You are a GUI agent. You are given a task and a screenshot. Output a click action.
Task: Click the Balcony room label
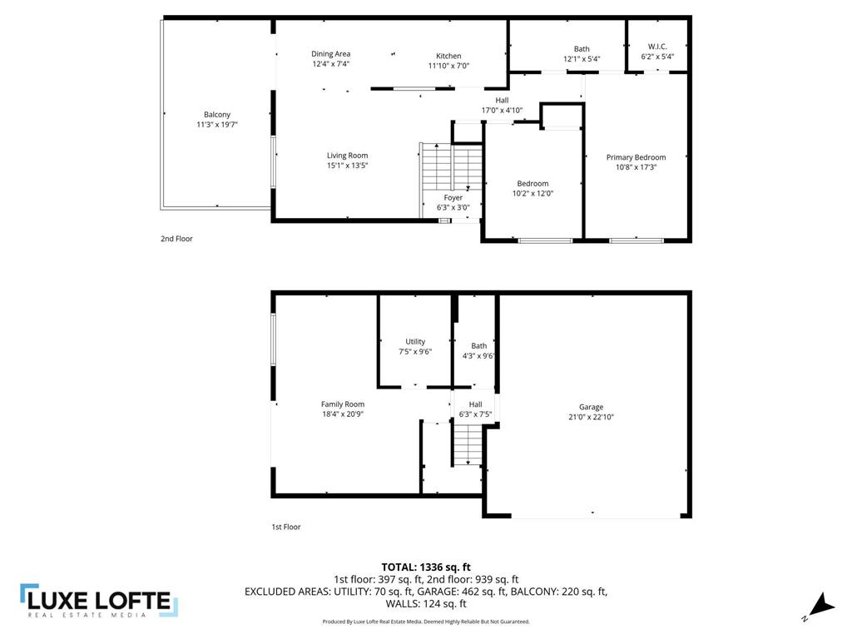click(217, 115)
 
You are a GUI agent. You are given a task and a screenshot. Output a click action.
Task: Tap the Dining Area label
click(331, 54)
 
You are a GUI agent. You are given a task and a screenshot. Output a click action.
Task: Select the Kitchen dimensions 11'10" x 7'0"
click(448, 67)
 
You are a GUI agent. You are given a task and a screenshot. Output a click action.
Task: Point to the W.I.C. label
click(657, 47)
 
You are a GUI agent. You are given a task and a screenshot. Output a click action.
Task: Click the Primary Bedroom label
click(636, 157)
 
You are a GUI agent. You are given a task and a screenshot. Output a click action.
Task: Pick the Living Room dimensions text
click(347, 166)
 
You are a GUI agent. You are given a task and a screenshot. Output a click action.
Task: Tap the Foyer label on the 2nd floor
click(453, 198)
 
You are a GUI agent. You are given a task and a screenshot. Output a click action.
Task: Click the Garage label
click(592, 407)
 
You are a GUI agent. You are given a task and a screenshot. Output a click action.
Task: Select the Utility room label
click(415, 341)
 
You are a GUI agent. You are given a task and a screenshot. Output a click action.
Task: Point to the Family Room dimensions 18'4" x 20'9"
click(343, 414)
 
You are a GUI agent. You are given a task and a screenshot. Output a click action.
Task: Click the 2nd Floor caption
click(176, 239)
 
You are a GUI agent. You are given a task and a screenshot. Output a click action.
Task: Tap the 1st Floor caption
click(286, 527)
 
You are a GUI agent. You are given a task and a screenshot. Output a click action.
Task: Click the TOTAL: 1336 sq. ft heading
click(426, 567)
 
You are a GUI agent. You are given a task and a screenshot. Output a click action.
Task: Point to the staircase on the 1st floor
click(468, 445)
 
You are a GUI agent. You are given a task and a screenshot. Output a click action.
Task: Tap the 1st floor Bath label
click(478, 346)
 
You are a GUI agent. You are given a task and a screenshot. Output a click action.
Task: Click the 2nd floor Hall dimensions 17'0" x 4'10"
click(502, 110)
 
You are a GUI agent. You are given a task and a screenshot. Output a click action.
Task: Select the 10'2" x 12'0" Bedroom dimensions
click(532, 193)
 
